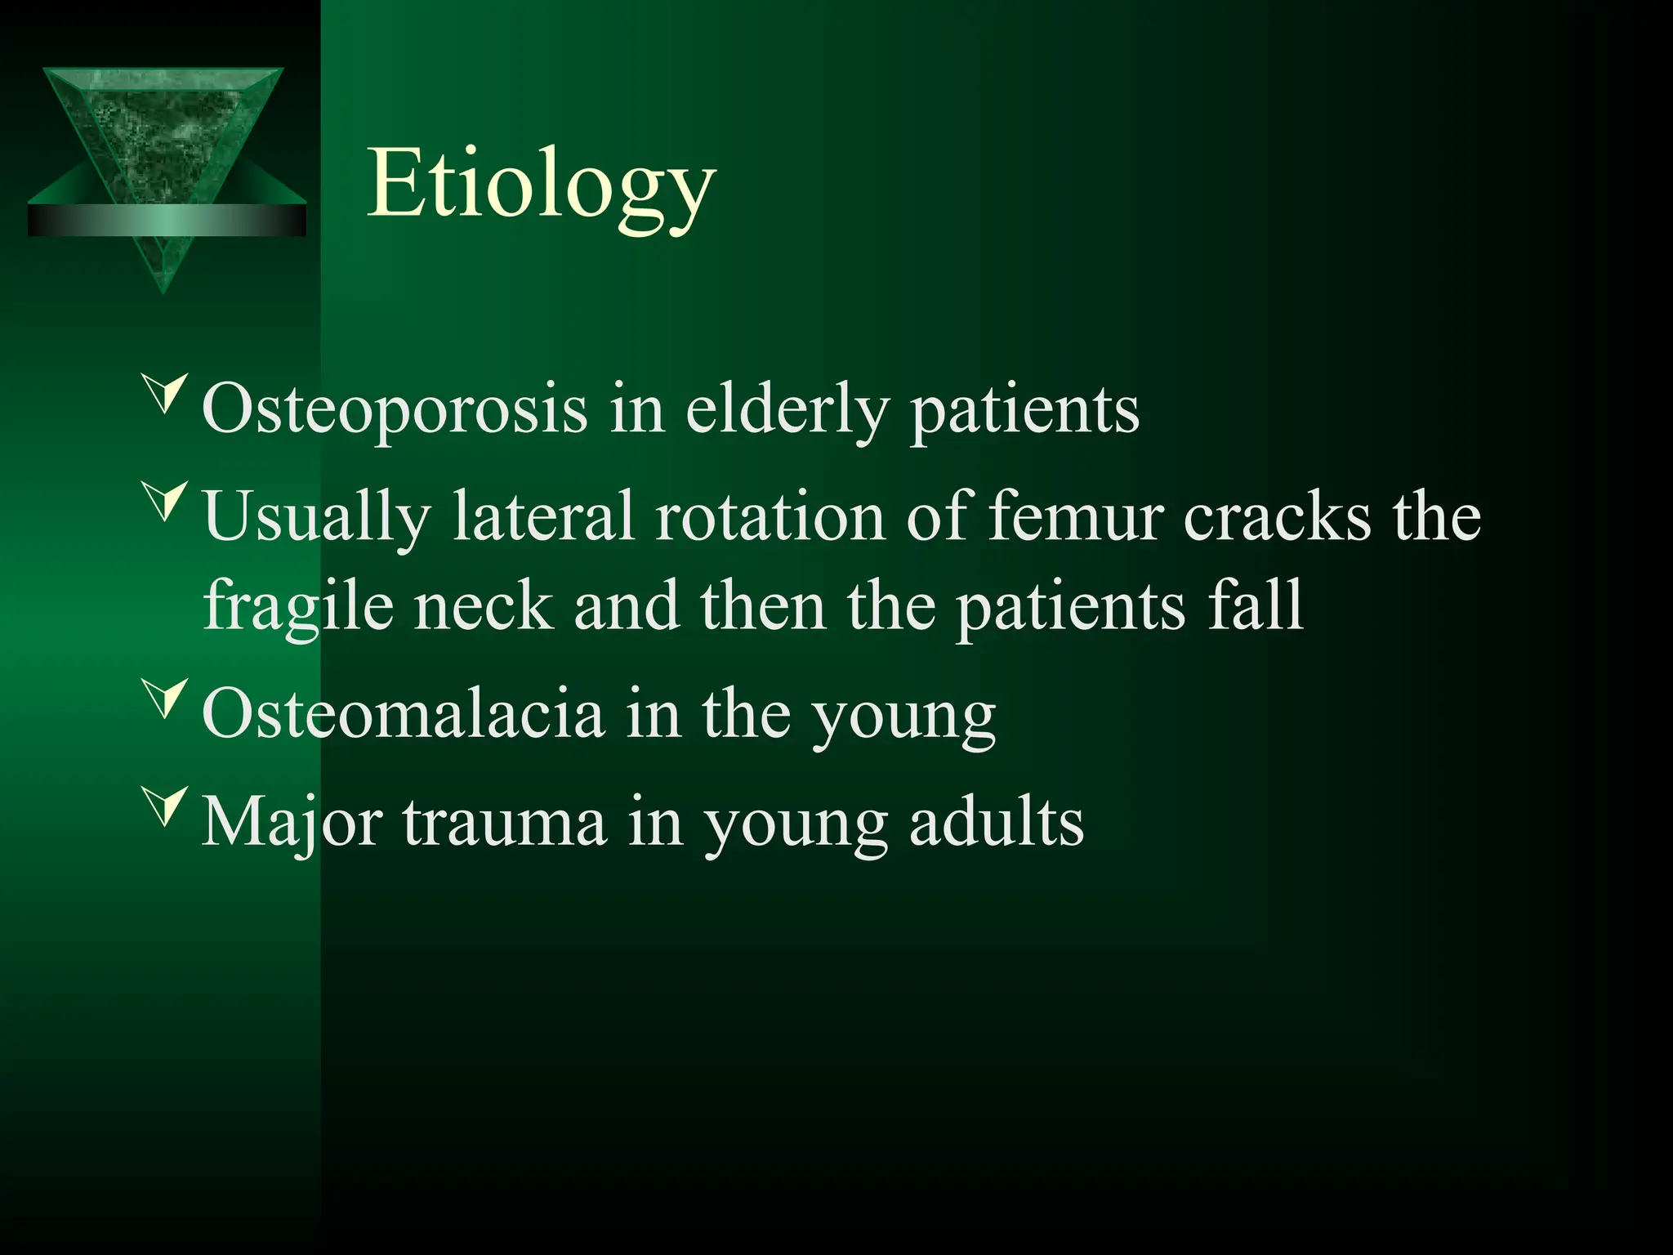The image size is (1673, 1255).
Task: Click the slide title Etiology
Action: point(541,185)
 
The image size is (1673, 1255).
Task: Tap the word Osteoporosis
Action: point(394,409)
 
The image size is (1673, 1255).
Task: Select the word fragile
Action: point(298,606)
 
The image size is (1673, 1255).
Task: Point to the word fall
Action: point(1255,606)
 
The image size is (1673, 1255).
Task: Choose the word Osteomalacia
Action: point(403,714)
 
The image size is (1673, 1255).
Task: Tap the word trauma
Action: point(504,822)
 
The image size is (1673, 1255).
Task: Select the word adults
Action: point(996,822)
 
